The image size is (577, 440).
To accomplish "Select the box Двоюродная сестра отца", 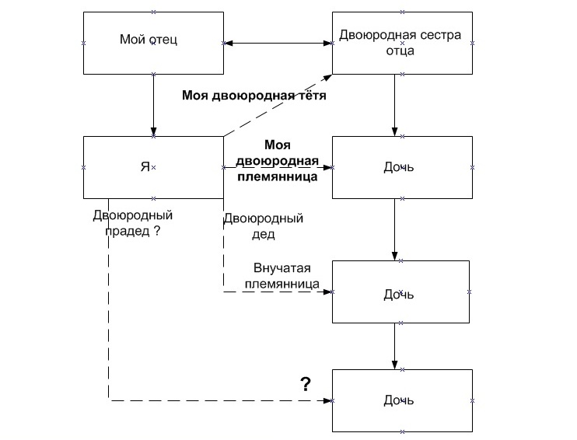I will point(401,43).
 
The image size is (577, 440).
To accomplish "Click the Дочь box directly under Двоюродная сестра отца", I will point(401,166).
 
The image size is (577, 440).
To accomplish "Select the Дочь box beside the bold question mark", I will point(401,400).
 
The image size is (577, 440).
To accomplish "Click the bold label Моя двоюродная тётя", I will point(254,96).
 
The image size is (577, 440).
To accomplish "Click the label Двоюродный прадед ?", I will point(131,222).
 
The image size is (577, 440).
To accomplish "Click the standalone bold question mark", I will point(306,383).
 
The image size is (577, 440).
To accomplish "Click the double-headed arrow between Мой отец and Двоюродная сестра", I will point(278,43).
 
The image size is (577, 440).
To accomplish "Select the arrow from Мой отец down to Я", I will point(154,104).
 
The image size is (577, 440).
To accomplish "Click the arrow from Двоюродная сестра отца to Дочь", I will point(395,104).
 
